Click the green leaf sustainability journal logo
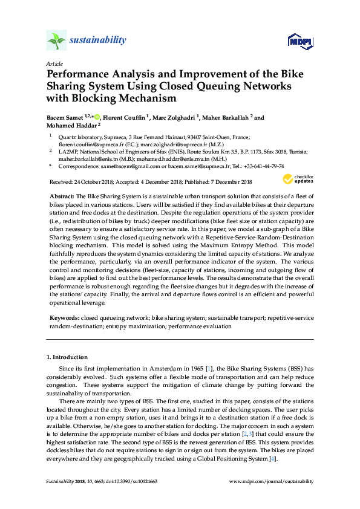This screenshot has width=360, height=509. coord(56,41)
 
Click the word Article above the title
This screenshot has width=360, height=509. coord(54,63)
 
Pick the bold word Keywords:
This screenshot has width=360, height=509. coord(64,317)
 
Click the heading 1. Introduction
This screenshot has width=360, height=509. coord(67,357)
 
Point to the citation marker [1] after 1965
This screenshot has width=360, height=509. coord(209,368)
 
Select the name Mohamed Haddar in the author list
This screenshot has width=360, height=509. coord(69,126)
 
